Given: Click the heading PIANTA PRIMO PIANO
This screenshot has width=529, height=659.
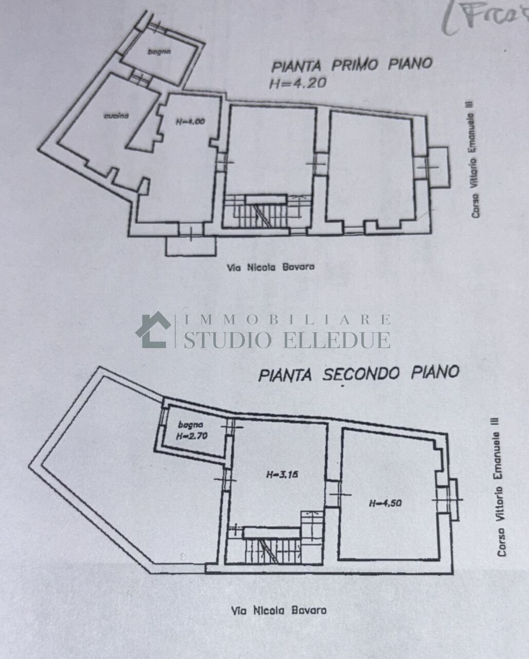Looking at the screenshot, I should tap(352, 65).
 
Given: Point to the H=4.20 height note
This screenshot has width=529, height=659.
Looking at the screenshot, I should tap(297, 83).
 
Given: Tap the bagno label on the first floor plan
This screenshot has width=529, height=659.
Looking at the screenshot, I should tap(159, 51).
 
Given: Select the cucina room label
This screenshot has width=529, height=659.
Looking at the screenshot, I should tap(116, 116).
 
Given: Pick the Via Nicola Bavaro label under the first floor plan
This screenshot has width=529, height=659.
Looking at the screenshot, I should tap(270, 267).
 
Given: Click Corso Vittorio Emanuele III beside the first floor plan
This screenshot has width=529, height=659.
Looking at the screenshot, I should tap(476, 159).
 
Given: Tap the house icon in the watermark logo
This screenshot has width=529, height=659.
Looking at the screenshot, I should tap(153, 330).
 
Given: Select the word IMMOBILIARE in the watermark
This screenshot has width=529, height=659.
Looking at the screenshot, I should tap(287, 320).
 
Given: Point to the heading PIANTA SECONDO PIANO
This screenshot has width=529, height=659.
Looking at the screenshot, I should tap(358, 373).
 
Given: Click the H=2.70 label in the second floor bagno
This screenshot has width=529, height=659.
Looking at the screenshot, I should tap(190, 436).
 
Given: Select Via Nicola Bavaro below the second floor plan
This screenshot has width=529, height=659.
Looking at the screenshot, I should tap(279, 611).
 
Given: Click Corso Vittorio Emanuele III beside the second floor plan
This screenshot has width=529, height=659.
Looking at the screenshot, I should tap(500, 487).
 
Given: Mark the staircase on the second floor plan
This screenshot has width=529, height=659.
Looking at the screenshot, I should tap(270, 548).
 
